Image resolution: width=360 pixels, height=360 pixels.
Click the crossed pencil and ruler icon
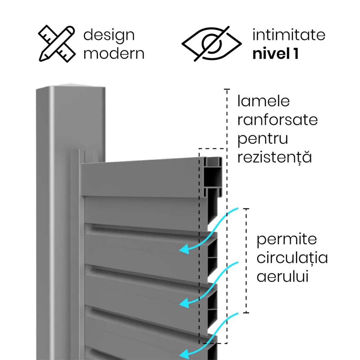click(x=57, y=44)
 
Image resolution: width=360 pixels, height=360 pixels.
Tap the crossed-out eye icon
click(x=211, y=44)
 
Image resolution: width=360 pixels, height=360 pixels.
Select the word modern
click(x=114, y=54)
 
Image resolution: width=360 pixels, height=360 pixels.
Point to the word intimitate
click(x=289, y=35)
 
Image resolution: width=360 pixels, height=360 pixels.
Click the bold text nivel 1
click(x=275, y=54)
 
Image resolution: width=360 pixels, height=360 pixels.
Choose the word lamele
click(x=264, y=101)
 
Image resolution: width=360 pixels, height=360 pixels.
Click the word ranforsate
click(x=277, y=120)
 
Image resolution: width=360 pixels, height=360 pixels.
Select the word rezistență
click(x=274, y=157)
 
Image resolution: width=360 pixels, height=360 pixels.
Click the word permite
click(x=287, y=240)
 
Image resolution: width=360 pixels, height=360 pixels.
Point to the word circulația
click(x=292, y=258)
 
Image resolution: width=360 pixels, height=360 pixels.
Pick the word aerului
click(x=282, y=276)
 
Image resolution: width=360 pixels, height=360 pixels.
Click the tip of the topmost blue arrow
click(x=180, y=250)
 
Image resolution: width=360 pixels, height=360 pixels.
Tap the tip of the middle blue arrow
click(x=180, y=304)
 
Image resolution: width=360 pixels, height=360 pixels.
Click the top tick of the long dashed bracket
click(x=227, y=89)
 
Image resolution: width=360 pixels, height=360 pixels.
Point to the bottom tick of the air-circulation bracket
click(x=246, y=312)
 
